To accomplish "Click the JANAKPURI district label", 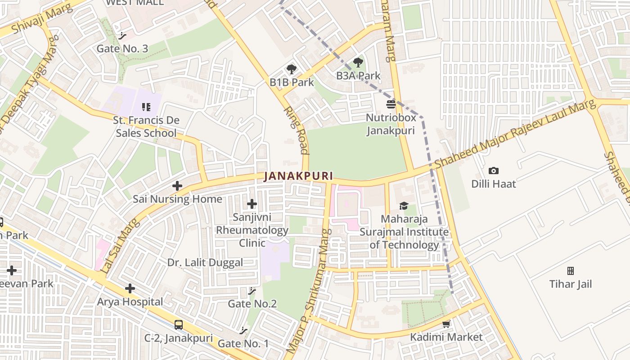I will point(298,176).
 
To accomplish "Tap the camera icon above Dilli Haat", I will point(494,171).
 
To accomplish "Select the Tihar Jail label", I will point(570,284).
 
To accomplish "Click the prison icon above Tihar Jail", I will point(571,271).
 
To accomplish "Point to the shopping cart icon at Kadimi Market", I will point(446,324).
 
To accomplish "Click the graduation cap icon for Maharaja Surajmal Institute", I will point(404,206).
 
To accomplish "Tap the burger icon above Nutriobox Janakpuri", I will point(391,104).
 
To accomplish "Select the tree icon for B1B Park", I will point(292,69).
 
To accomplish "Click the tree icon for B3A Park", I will point(358,63).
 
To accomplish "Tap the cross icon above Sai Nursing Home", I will point(177,185).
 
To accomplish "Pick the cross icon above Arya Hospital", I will point(130,288).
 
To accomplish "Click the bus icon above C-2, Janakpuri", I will point(179,325).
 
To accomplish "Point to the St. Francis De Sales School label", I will point(146,126).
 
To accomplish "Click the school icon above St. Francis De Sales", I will point(146,107).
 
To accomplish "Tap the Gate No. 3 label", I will point(122,49).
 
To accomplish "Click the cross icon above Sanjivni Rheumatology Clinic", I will point(252,204).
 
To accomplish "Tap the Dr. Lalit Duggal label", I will point(205,262).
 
